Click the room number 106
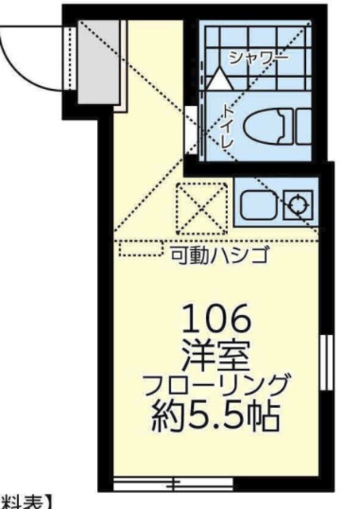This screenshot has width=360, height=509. [x=216, y=321]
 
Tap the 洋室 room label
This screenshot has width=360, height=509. [x=216, y=351]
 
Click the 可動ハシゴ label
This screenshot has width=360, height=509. [x=220, y=255]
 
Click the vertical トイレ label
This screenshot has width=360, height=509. [x=226, y=125]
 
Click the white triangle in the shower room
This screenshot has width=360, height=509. [x=219, y=79]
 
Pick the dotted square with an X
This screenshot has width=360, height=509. [x=199, y=206]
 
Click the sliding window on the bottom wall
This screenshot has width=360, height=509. [x=172, y=482]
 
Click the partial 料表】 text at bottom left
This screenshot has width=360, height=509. [x=24, y=502]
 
